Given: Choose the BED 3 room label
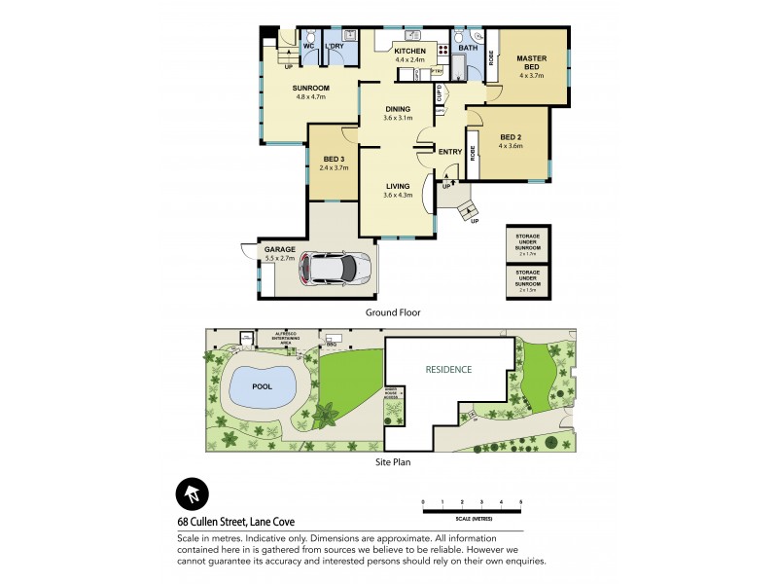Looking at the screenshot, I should click(x=334, y=162).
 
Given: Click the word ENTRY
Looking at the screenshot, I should click(x=449, y=152).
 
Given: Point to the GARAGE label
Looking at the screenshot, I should click(x=280, y=250).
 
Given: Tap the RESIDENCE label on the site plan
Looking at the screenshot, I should click(x=448, y=370).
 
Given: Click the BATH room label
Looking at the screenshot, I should click(x=467, y=48).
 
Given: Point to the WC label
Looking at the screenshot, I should click(x=307, y=46).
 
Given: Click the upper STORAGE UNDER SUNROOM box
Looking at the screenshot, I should click(x=528, y=243).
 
